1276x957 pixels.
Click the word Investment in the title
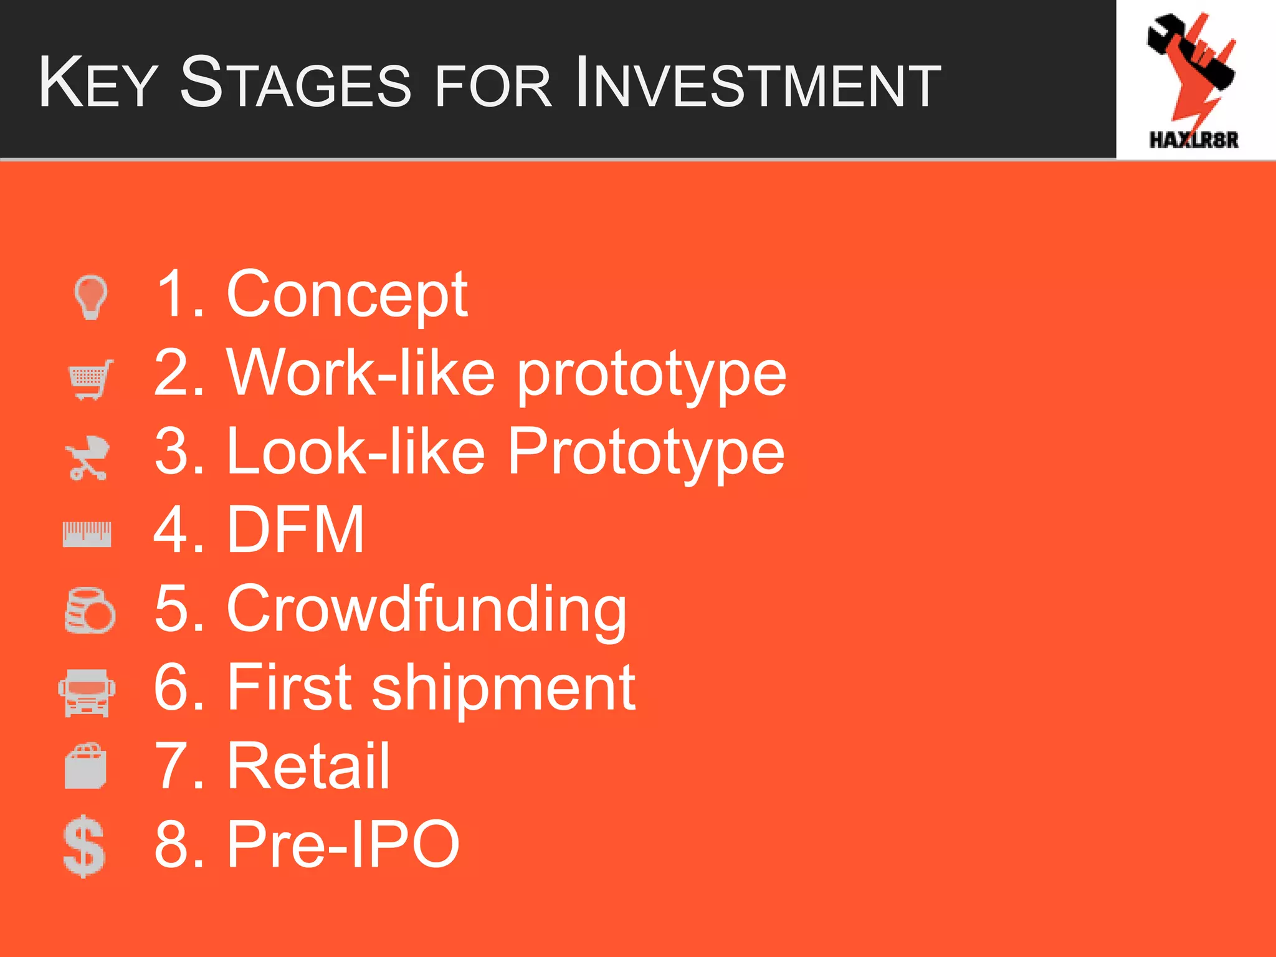click(x=757, y=83)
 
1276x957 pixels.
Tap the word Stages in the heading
click(x=295, y=83)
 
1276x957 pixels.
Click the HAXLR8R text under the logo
click(x=1194, y=140)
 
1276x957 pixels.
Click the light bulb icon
click(x=91, y=297)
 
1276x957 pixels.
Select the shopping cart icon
click(x=91, y=379)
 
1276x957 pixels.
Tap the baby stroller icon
click(x=88, y=458)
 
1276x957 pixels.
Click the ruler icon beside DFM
click(x=87, y=535)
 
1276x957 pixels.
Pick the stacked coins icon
click(x=90, y=611)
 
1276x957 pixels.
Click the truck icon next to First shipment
click(x=87, y=692)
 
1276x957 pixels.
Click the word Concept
click(x=346, y=294)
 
